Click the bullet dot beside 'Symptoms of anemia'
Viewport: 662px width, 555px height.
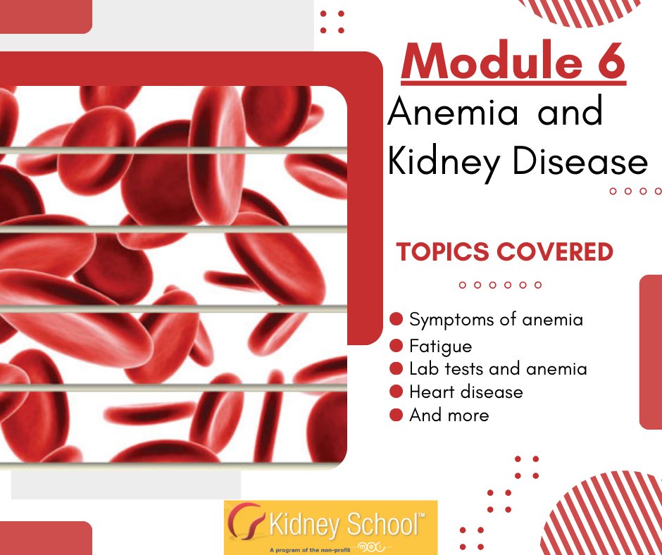pyautogui.click(x=396, y=320)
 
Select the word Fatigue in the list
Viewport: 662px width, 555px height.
pyautogui.click(x=441, y=347)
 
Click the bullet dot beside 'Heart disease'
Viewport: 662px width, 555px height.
pyautogui.click(x=396, y=392)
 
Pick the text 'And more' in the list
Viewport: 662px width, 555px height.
pyautogui.click(x=449, y=415)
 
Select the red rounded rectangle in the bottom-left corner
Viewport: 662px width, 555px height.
pyautogui.click(x=45, y=538)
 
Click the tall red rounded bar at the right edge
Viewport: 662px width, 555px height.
pyautogui.click(x=651, y=352)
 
